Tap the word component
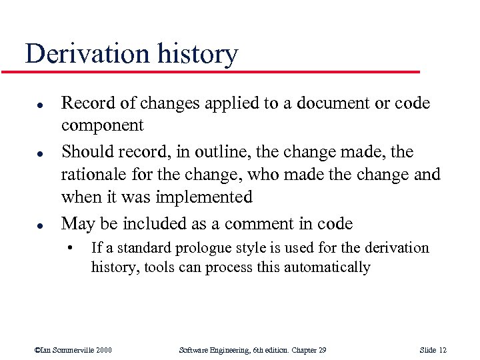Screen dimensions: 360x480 pyautogui.click(x=102, y=126)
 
